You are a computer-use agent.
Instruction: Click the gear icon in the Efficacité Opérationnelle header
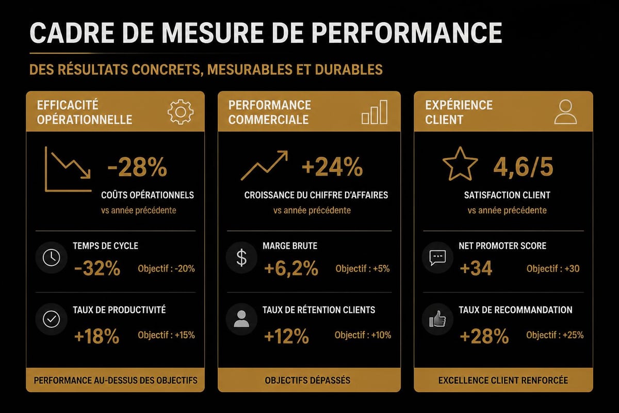pos(181,112)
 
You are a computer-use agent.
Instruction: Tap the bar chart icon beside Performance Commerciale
pos(374,112)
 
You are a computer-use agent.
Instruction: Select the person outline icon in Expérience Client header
pos(565,112)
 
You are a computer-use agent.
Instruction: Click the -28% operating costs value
pos(137,168)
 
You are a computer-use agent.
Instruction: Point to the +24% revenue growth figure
pos(332,168)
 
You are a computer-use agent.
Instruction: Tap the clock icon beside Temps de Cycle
pos(51,257)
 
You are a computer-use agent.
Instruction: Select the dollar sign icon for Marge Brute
pos(241,257)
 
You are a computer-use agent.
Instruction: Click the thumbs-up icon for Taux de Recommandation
pos(437,321)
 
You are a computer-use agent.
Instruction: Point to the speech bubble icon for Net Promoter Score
pos(437,257)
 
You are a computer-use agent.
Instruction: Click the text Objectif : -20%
pos(166,268)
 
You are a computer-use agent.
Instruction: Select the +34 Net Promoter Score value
pos(476,269)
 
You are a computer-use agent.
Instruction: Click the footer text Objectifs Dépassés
pos(307,380)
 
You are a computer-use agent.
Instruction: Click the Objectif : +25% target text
pos(555,335)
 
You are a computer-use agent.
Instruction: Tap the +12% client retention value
pos(286,337)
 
